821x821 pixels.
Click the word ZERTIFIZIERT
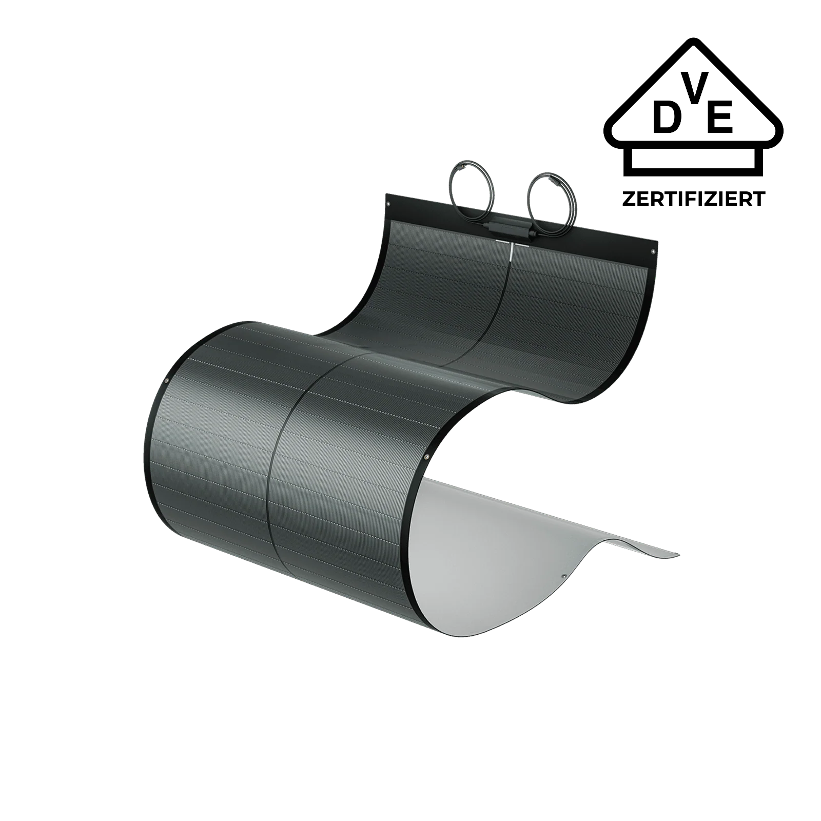point(694,199)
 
